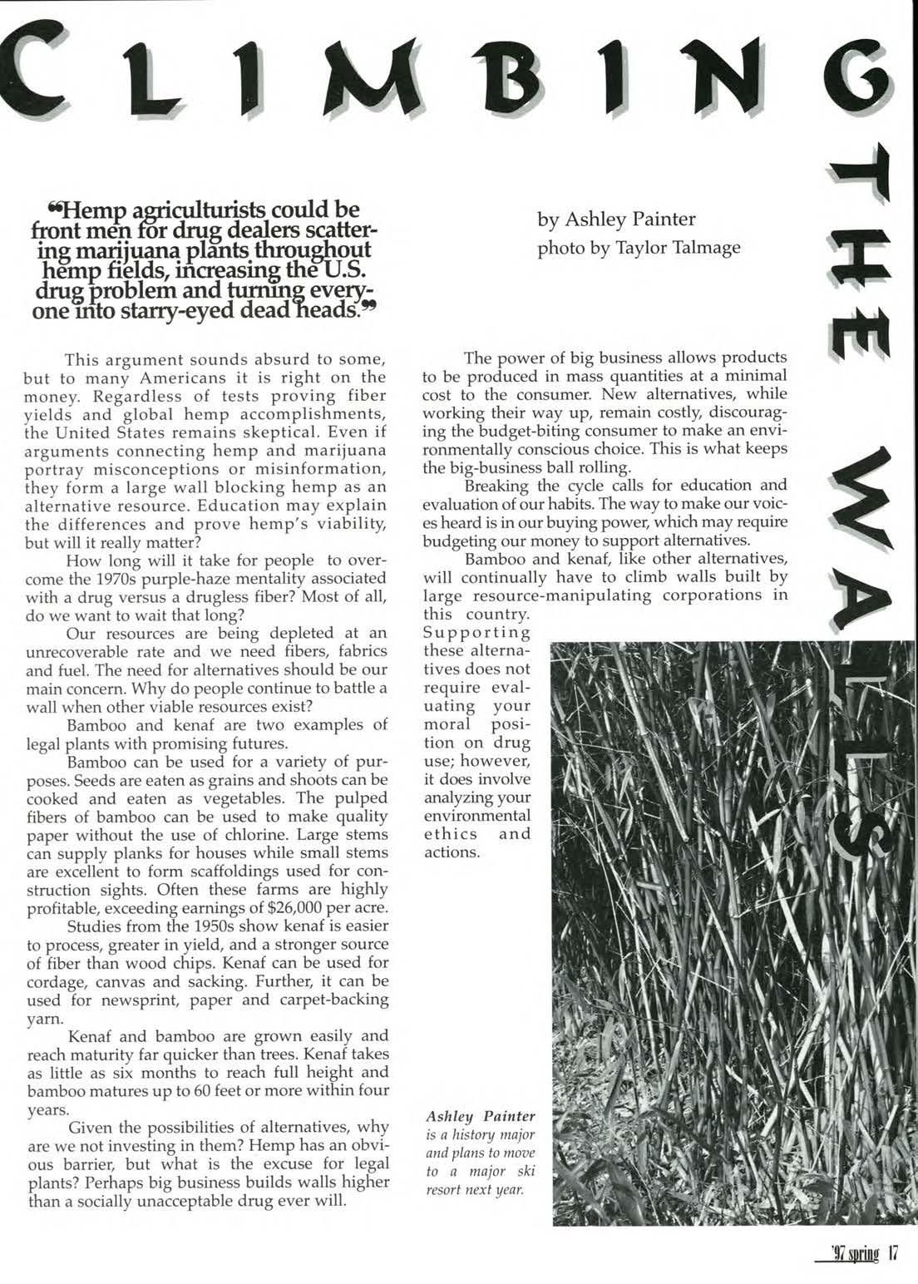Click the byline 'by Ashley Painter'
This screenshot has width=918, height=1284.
point(616,220)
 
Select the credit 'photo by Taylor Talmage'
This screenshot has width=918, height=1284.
point(639,248)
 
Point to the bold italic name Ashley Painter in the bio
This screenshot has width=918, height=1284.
point(481,1115)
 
